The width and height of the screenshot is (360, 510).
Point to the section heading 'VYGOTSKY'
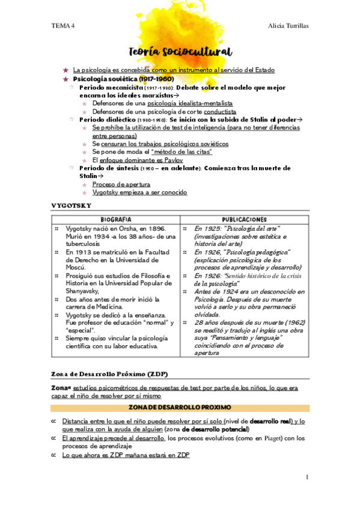pyautogui.click(x=71, y=205)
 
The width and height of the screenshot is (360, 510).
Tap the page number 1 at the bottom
pyautogui.click(x=307, y=477)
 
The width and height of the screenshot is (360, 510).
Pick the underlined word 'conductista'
pyautogui.click(x=219, y=111)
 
